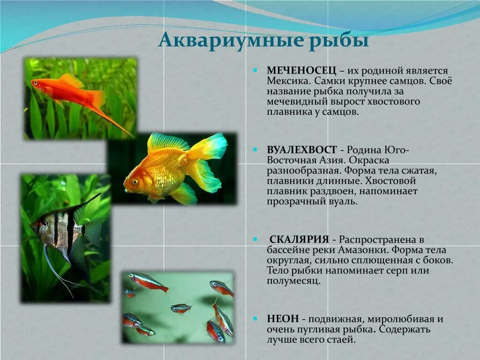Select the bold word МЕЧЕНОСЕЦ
[x=302, y=70]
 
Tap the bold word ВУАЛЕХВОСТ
[x=302, y=150]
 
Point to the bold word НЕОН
[x=280, y=319]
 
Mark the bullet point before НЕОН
[x=256, y=318]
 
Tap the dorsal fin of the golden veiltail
[x=166, y=142]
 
